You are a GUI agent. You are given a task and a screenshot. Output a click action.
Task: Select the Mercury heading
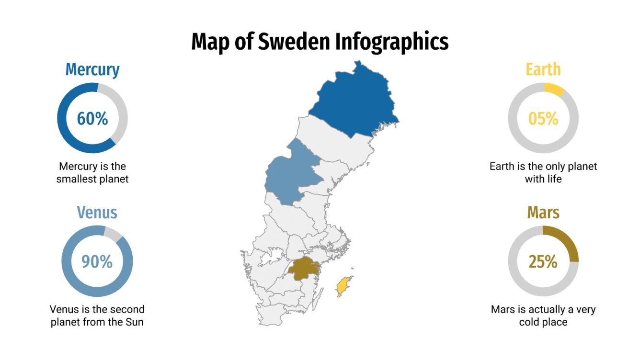point(92,69)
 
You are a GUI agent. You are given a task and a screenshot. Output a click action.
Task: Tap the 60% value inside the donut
point(92,118)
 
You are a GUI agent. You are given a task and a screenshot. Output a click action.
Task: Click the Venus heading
point(97,212)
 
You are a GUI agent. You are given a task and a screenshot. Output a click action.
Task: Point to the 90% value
point(97,261)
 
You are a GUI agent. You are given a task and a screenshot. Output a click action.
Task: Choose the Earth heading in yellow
point(543,69)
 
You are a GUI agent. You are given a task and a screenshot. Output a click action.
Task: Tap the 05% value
point(543,118)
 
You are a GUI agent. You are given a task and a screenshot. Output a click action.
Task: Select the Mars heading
point(543,212)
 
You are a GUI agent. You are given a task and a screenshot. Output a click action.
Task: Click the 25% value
point(543,262)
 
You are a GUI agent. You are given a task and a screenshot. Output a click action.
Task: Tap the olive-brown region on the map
point(303,269)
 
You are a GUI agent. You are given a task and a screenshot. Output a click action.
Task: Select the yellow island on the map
point(343,287)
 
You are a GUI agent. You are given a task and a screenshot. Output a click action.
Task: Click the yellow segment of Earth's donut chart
point(554,89)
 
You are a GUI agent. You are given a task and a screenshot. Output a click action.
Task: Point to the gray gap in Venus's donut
point(113,233)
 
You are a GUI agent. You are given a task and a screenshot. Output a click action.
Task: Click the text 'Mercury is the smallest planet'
point(92,173)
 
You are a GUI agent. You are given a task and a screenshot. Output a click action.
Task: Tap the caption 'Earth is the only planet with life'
point(543,173)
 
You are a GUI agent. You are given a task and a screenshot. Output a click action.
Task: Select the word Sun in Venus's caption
point(134,322)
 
